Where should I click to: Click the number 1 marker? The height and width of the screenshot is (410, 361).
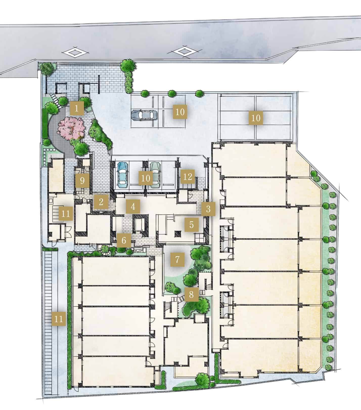(x=77, y=109)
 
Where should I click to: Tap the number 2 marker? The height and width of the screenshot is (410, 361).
(x=101, y=202)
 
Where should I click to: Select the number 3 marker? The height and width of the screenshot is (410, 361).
(x=208, y=209)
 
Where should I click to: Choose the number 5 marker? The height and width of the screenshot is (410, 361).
(x=191, y=224)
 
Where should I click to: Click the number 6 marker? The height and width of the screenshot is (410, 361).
(x=124, y=240)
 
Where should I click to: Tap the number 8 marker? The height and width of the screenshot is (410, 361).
(x=191, y=294)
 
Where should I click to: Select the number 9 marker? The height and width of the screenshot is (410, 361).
(x=82, y=181)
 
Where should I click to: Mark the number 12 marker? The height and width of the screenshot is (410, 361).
(x=188, y=177)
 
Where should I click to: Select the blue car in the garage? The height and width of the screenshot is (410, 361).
(x=123, y=175)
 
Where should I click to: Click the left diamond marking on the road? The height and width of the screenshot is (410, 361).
(x=75, y=53)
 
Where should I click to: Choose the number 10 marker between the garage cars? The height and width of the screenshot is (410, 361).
(x=146, y=178)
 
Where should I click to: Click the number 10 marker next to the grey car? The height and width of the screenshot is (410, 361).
(x=180, y=112)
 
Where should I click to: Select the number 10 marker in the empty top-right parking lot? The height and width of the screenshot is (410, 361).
(x=256, y=118)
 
